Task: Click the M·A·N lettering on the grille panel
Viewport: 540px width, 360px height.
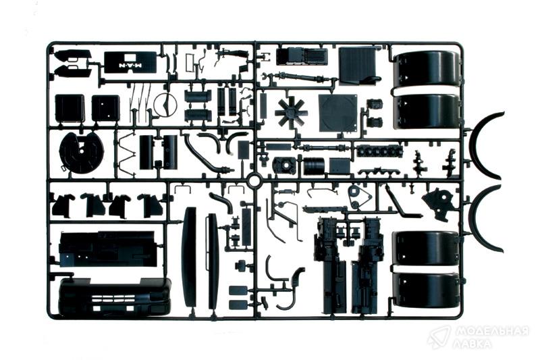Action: [x=131, y=66]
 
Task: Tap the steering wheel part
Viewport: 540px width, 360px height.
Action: [x=165, y=104]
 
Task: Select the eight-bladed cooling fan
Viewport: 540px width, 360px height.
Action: [x=292, y=111]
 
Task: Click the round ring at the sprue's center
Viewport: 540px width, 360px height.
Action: [x=255, y=180]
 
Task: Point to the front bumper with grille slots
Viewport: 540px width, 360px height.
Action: [x=115, y=297]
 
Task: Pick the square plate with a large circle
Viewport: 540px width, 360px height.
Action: [x=337, y=113]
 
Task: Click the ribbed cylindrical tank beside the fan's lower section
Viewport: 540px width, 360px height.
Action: [x=314, y=166]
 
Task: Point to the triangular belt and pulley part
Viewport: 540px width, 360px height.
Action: [x=359, y=197]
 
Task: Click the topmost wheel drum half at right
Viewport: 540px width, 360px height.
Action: [x=427, y=69]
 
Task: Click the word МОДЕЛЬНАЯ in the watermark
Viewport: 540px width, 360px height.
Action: [x=492, y=332]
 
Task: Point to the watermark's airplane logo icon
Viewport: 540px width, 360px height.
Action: [x=439, y=337]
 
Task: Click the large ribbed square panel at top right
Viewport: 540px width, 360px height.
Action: [x=359, y=66]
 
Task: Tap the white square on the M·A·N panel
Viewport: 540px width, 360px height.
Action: [x=131, y=57]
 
